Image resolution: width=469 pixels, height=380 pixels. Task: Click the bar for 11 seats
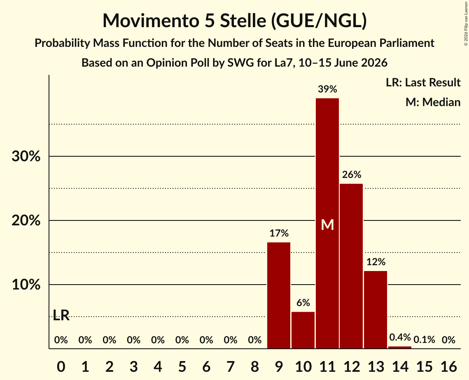pos(327,223)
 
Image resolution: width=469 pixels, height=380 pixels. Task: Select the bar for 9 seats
pos(279,295)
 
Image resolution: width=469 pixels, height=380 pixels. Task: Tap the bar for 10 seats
pos(303,330)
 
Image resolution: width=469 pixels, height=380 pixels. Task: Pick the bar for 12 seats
pos(352,266)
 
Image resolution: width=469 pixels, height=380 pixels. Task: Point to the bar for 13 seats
pos(376,310)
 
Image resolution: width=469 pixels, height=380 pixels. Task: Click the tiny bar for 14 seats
pos(400,348)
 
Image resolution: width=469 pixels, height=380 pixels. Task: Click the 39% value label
pos(327,89)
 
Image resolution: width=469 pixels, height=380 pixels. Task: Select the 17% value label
pos(279,233)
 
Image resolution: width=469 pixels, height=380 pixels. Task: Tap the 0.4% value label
pos(400,337)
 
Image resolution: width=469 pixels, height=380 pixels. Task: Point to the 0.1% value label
pos(424,340)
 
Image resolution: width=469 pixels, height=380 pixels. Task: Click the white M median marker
pos(327,225)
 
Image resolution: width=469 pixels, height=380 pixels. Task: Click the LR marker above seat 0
pos(61,315)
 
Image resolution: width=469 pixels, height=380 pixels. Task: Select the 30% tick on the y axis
pos(26,156)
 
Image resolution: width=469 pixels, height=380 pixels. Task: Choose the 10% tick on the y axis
pos(26,285)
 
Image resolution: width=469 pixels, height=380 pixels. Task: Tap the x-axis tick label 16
pos(448,366)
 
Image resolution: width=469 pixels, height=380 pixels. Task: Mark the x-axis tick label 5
pos(182,366)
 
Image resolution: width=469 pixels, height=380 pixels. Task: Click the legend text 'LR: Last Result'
pos(423,82)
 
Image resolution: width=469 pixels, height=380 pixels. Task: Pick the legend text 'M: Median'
pos(433,102)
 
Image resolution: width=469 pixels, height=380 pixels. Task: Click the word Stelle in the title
pos(243,21)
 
